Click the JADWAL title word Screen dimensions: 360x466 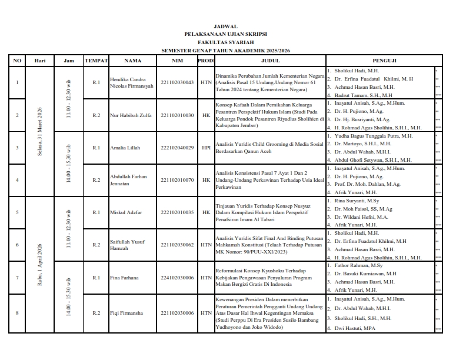(x=226, y=26)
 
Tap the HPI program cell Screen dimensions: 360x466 (x=206, y=148)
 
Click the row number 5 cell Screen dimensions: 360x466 (x=17, y=212)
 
